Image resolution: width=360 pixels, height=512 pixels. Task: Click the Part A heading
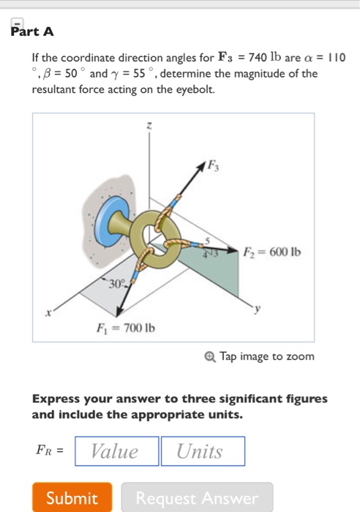click(32, 32)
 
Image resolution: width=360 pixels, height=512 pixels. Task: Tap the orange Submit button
click(72, 498)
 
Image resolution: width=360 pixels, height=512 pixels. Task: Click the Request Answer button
click(197, 498)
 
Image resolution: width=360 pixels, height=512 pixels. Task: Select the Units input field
click(203, 451)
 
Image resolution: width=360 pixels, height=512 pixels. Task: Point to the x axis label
click(49, 312)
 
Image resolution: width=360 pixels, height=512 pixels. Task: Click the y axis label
click(258, 310)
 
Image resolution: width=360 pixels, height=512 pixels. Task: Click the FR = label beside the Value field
click(50, 451)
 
